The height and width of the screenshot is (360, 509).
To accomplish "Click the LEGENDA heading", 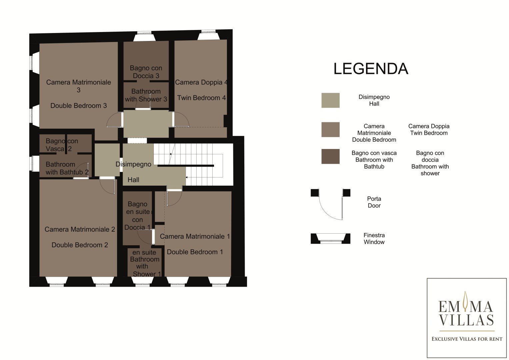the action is [x=371, y=69].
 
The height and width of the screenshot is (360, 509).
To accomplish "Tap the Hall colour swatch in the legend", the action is [x=330, y=100].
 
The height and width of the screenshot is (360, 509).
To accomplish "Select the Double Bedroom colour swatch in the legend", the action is [x=330, y=130].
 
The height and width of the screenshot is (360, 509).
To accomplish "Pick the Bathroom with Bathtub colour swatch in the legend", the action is [x=330, y=156].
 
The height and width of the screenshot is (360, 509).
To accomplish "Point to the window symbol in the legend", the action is [x=330, y=239].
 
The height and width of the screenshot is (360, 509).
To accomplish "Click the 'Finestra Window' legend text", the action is [x=374, y=238].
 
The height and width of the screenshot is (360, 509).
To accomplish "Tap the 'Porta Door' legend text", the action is [x=374, y=202].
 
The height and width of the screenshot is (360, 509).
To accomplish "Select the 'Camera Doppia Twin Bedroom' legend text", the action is [x=429, y=130].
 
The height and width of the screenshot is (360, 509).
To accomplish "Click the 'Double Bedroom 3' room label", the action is [x=79, y=106].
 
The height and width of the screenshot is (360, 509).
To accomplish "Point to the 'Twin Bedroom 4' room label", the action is [x=202, y=98].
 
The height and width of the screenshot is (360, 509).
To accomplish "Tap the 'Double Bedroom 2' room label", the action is [x=80, y=245].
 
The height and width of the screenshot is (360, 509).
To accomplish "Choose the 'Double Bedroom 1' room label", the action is [x=195, y=252].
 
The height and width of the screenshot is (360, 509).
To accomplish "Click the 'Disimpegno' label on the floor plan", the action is [x=133, y=164].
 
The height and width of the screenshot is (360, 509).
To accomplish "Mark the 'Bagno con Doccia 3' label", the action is [x=146, y=72].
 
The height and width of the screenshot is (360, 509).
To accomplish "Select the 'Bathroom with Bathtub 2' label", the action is [x=67, y=168].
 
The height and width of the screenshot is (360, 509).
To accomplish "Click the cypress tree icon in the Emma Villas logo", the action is [x=465, y=301].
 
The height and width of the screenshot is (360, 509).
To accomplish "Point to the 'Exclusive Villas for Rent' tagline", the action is [x=467, y=339].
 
